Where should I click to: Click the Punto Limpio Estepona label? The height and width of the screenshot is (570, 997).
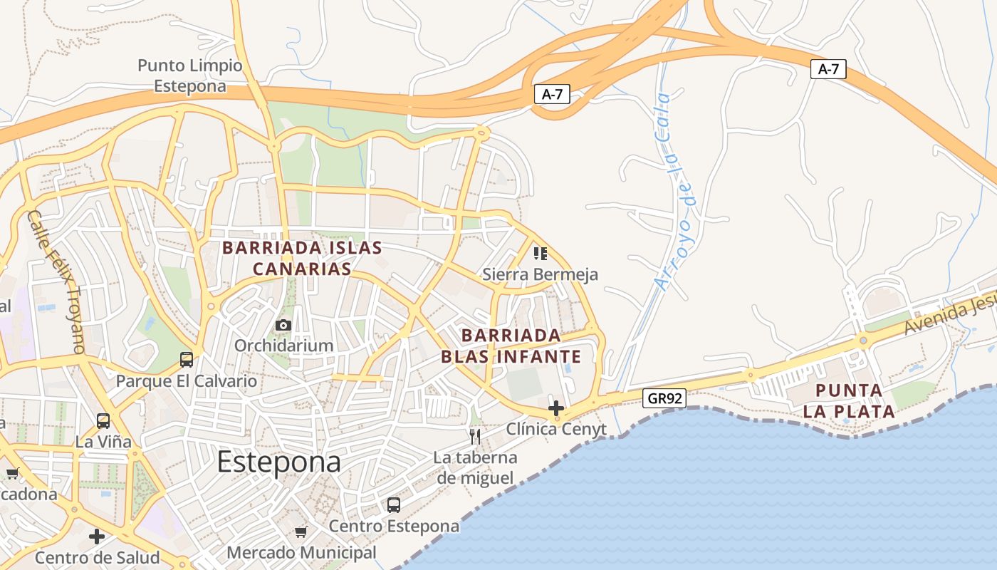point(190,76)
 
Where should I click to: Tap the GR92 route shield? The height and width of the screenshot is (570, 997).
point(665,398)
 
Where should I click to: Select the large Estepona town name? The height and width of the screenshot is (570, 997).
point(279,462)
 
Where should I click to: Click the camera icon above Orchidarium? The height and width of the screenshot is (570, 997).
point(283,326)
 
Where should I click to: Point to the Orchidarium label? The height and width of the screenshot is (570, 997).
point(284,346)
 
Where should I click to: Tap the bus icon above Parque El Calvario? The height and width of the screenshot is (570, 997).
point(187,360)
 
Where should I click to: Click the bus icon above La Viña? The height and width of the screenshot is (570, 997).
point(103,421)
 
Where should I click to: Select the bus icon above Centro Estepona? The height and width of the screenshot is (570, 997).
point(394,505)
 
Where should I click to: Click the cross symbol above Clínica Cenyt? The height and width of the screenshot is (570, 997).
point(556,408)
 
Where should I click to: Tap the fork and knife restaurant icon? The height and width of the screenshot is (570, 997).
point(475,436)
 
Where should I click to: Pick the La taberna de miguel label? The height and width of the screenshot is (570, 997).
point(476,467)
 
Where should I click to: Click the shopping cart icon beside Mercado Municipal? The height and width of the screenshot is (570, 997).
point(301,532)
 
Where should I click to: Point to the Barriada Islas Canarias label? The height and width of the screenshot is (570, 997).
point(302,258)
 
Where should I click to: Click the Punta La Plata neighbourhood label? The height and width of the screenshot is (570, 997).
point(849,400)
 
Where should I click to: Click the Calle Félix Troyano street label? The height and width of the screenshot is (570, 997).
point(56,282)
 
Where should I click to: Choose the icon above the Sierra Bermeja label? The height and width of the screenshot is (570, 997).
point(541,253)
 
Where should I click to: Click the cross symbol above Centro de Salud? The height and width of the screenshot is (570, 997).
point(97,536)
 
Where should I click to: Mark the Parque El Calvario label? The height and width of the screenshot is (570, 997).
point(187,380)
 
